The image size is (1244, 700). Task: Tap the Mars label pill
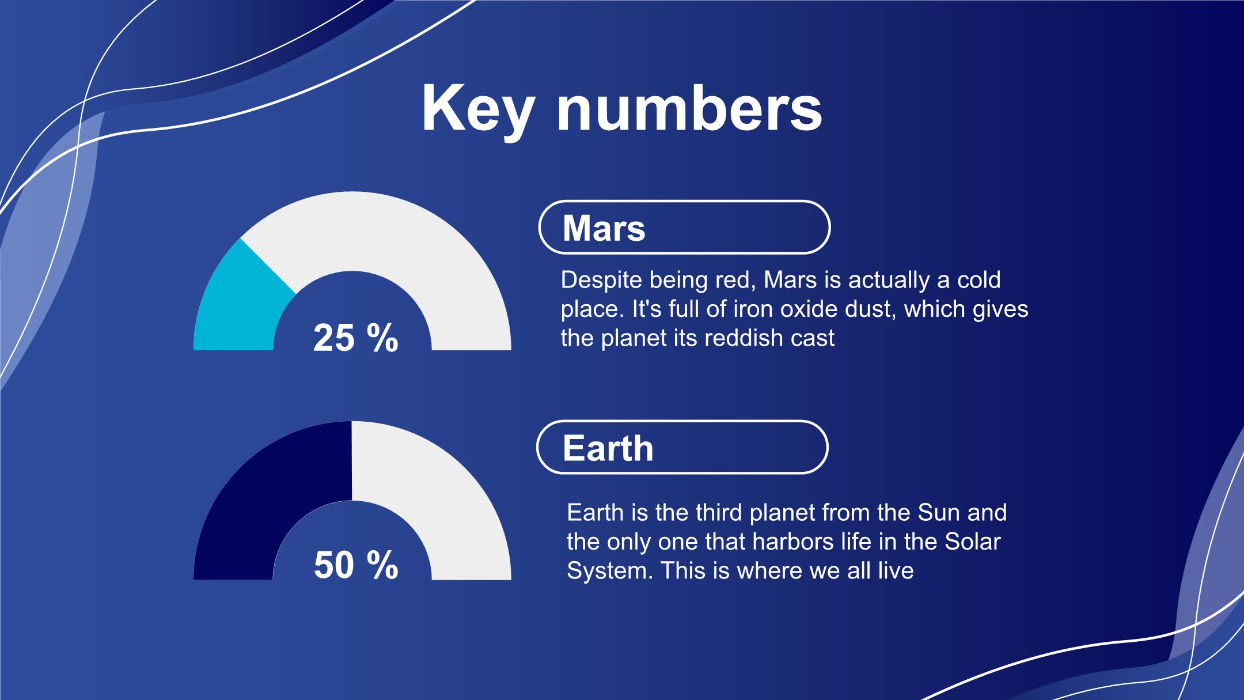click(x=684, y=227)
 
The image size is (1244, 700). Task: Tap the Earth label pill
click(x=682, y=447)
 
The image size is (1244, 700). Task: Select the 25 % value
click(x=356, y=338)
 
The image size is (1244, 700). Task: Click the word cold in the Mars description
click(x=978, y=280)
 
